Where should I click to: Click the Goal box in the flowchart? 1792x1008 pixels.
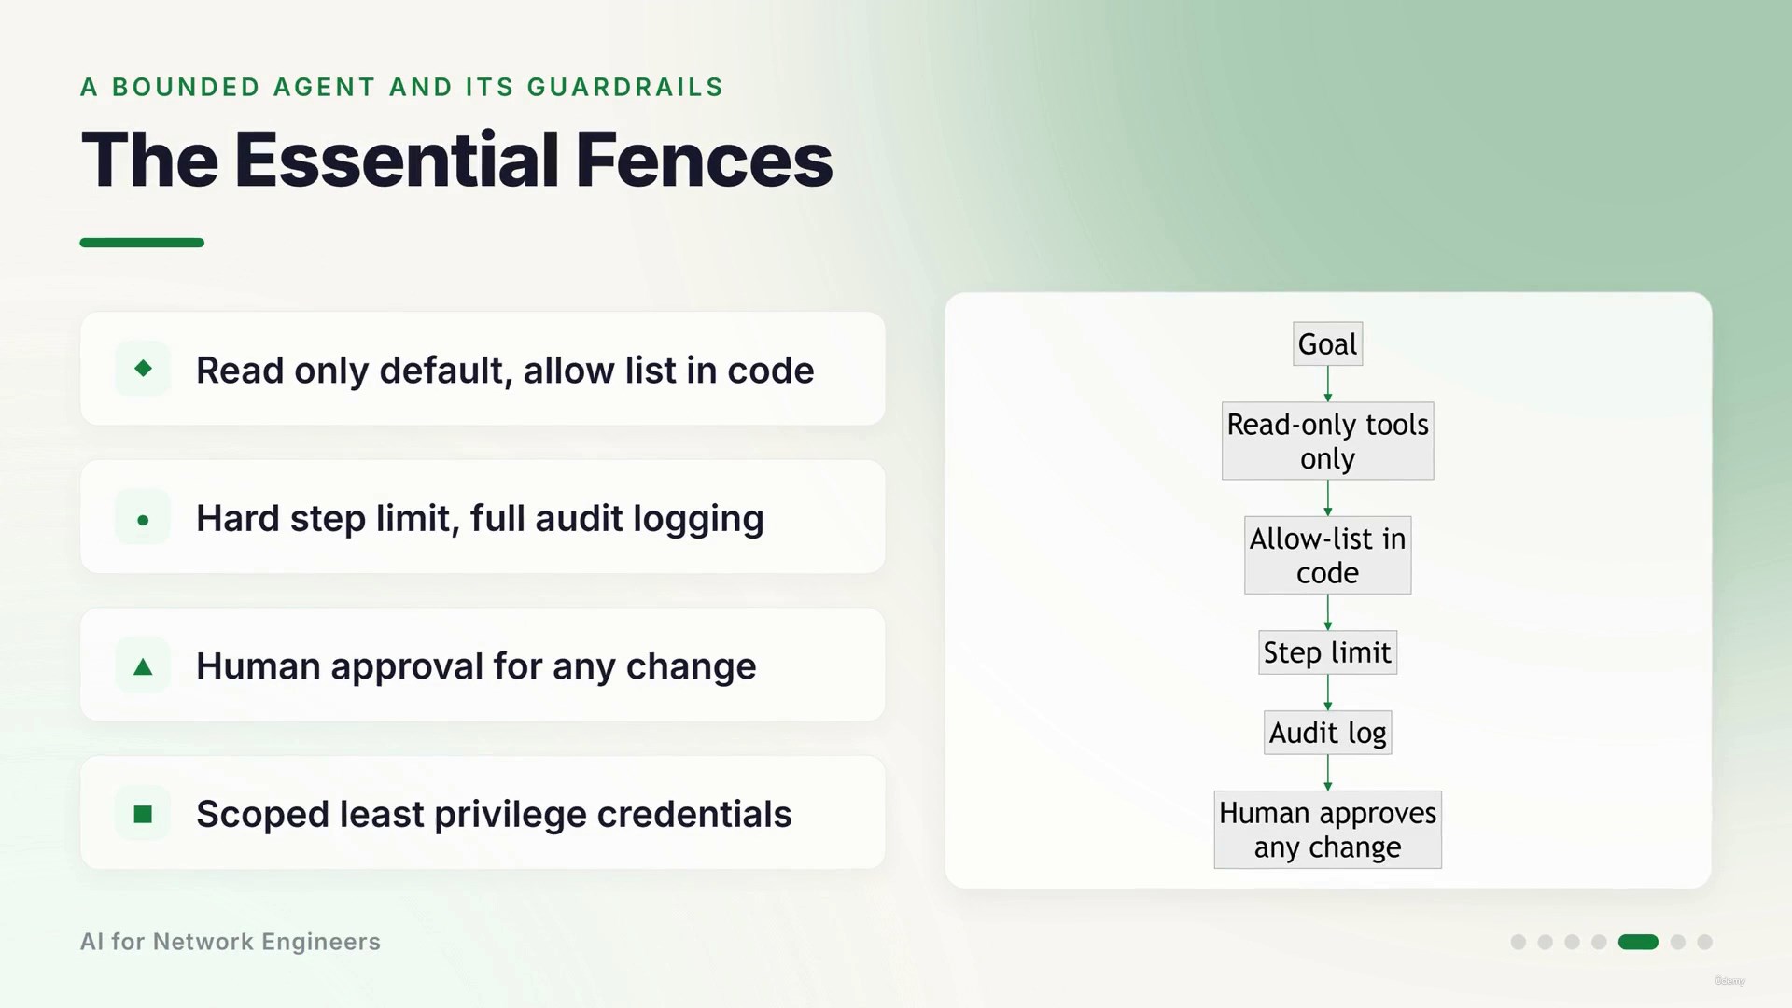[x=1327, y=343]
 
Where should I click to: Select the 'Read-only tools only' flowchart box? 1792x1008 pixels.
[x=1327, y=441]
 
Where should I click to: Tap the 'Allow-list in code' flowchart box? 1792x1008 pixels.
[x=1327, y=555]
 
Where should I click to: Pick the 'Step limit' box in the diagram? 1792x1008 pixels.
[x=1327, y=652]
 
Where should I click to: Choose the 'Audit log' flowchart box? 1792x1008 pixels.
[x=1327, y=733]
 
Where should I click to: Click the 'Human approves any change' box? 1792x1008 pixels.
[x=1327, y=830]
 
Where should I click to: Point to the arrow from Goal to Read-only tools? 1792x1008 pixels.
[x=1328, y=384]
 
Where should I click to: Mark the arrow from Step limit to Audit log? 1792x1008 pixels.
[x=1328, y=693]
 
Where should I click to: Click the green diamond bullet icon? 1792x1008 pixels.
[x=143, y=369]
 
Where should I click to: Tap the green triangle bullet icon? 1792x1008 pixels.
[x=143, y=666]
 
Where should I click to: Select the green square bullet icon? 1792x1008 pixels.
[x=143, y=815]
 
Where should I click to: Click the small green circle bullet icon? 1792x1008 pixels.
[x=143, y=520]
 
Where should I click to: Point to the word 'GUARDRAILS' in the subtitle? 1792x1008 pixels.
[x=625, y=87]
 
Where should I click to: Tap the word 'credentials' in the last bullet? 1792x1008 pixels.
[x=694, y=814]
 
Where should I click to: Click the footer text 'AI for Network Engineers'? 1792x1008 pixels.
[x=231, y=942]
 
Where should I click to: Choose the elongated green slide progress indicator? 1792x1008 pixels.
[x=1638, y=942]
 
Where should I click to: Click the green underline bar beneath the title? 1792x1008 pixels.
[x=142, y=243]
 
